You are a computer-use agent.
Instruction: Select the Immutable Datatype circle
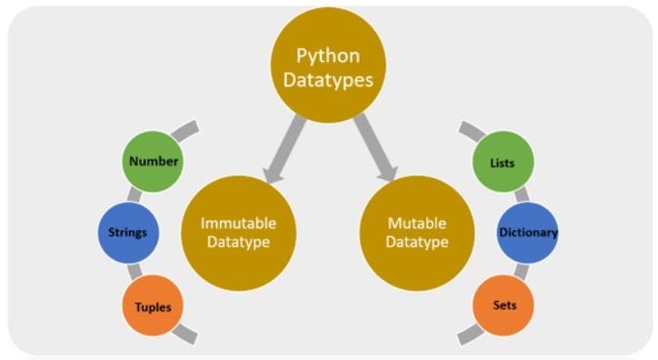(x=239, y=232)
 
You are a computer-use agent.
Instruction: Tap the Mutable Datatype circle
(x=417, y=232)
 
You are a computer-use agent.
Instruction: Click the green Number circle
(x=153, y=162)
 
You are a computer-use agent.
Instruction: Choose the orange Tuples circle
(x=152, y=305)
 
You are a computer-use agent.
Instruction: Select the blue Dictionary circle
(x=527, y=232)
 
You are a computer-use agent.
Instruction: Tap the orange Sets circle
(x=503, y=305)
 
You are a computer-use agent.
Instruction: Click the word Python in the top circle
(x=328, y=55)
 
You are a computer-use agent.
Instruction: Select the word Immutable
(x=239, y=223)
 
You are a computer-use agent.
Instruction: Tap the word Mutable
(x=417, y=223)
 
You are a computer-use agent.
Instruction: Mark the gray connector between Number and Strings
(x=135, y=195)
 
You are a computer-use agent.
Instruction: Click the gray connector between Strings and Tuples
(x=135, y=268)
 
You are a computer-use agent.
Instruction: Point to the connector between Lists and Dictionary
(x=520, y=195)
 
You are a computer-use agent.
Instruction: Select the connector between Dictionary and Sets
(x=520, y=269)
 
